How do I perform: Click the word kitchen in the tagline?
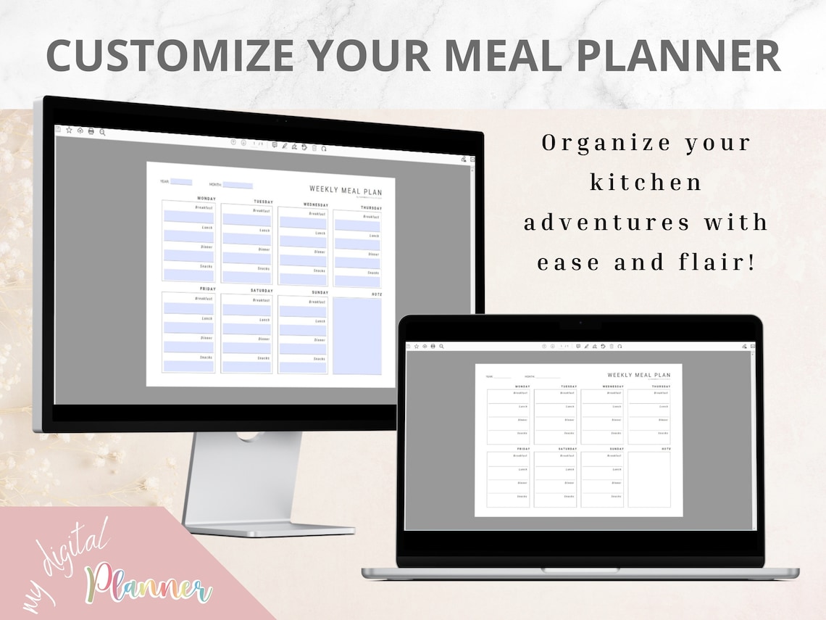(646, 183)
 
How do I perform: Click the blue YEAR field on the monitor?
(181, 183)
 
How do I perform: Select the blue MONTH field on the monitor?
(238, 185)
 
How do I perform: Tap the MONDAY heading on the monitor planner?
(206, 198)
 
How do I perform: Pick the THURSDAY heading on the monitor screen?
(371, 208)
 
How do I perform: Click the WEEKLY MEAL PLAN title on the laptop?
(639, 375)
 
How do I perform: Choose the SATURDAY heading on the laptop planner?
(567, 449)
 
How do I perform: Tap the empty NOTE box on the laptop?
(649, 479)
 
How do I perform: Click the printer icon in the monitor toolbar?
(91, 131)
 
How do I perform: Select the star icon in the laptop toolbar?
(416, 346)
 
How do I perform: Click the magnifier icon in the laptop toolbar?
(441, 346)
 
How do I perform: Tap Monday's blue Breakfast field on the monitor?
(188, 216)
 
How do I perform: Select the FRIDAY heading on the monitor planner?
(208, 289)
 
